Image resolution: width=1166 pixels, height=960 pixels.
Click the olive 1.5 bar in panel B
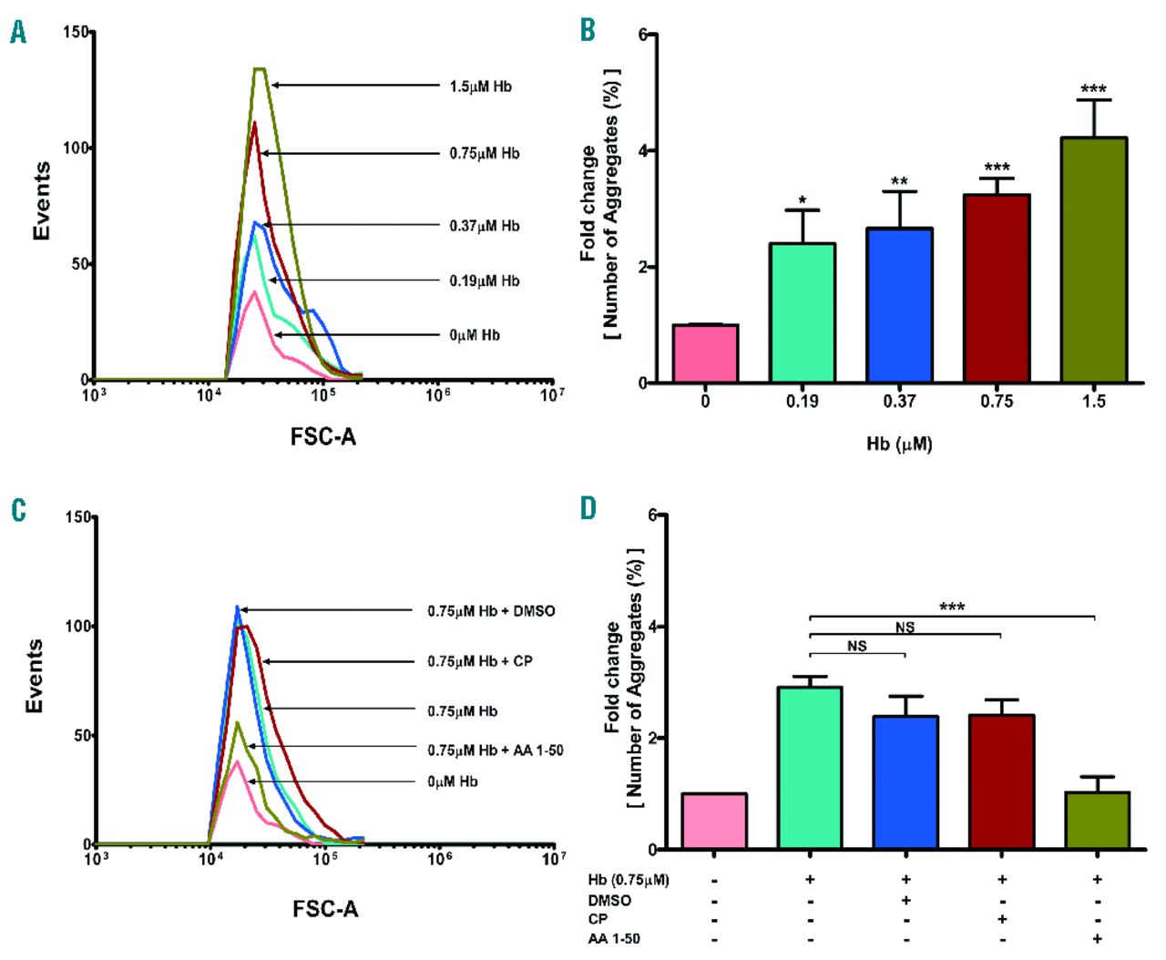point(1093,260)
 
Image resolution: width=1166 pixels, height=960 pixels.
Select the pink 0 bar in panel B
point(705,353)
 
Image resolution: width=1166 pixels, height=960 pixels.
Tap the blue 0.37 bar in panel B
point(899,305)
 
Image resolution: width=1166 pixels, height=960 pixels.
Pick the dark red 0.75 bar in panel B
point(997,289)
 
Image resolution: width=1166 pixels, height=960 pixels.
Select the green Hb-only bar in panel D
point(809,768)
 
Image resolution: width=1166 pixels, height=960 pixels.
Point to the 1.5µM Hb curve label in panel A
point(480,87)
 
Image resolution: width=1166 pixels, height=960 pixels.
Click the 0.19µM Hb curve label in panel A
point(484,281)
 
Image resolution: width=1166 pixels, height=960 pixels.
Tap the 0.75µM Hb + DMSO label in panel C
point(491,610)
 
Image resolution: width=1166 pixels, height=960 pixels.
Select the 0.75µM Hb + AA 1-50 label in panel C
point(496,751)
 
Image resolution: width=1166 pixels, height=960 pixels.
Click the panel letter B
point(588,30)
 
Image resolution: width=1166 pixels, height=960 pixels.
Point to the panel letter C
point(18,510)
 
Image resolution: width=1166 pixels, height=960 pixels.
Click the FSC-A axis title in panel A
point(323,437)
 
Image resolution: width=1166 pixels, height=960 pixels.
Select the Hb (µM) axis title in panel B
point(899,444)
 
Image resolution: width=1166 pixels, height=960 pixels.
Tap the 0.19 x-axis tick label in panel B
point(802,402)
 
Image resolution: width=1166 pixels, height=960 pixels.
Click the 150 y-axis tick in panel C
point(77,517)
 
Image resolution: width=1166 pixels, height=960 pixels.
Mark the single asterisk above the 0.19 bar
point(802,200)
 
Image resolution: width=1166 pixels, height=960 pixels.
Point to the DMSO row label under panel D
point(609,900)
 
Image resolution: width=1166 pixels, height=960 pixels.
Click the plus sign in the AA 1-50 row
point(1097,939)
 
